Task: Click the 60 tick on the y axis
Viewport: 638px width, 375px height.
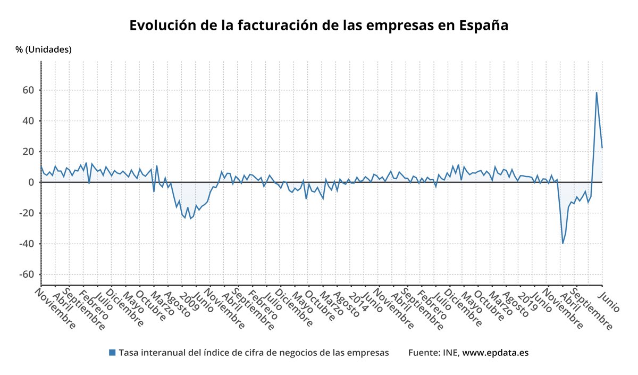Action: pos(28,90)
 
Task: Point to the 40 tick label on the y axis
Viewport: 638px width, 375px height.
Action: pos(28,121)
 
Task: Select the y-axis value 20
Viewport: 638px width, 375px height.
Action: pos(28,152)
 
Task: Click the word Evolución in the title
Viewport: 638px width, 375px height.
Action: pos(163,26)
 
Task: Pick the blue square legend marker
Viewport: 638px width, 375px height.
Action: pos(112,353)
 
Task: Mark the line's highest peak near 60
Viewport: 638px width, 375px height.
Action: pos(597,93)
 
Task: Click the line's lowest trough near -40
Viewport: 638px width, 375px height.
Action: pos(563,244)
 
